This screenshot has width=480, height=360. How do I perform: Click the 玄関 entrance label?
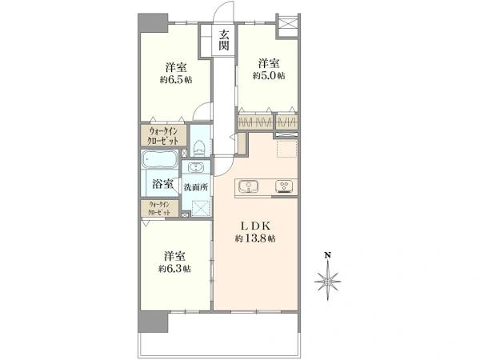point(224,40)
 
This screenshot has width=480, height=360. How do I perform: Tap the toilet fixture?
point(199,148)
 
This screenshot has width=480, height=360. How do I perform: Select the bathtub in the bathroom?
point(159,159)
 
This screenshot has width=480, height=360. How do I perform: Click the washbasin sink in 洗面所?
point(196,167)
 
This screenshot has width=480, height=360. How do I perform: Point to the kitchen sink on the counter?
point(248,186)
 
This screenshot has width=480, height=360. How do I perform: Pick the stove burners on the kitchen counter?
point(284,186)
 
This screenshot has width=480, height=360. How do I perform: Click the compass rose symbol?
point(327,281)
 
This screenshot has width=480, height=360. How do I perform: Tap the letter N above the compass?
point(327,254)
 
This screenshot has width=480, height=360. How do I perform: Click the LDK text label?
point(255,226)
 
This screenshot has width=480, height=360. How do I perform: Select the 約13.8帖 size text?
point(255,238)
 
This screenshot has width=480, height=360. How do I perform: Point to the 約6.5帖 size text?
point(176,80)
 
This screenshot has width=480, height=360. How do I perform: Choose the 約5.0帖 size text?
point(269,76)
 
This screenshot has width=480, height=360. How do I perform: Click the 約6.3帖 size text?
point(174,269)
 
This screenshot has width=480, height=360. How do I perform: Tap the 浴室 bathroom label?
point(162,184)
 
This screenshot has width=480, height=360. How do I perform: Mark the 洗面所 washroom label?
point(196,187)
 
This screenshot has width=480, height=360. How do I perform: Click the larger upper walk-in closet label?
point(163,136)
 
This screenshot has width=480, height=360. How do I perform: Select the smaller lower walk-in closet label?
point(159,209)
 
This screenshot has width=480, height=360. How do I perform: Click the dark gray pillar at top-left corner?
point(153,22)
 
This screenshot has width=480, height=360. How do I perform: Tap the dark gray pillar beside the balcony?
point(153,322)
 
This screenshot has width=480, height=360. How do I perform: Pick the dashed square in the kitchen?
point(287,149)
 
